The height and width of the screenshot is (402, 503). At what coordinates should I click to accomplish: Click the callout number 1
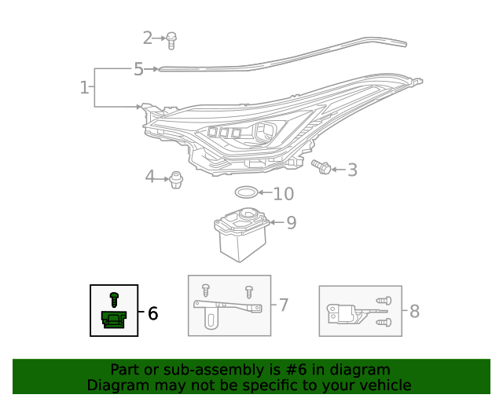(x=85, y=87)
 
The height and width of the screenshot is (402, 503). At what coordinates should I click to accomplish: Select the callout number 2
(x=148, y=37)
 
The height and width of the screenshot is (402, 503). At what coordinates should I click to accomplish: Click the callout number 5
(x=138, y=69)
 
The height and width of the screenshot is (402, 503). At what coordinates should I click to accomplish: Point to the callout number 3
(x=352, y=169)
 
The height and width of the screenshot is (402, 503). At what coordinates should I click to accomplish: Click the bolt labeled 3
(x=321, y=167)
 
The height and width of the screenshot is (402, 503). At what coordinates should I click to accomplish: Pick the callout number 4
(x=150, y=177)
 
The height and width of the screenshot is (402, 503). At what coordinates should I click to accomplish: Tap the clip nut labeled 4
(x=176, y=180)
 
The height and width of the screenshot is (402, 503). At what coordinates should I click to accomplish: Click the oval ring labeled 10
(x=246, y=192)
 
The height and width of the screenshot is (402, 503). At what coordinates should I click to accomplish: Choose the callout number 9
(x=291, y=223)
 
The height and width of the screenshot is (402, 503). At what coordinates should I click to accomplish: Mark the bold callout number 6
(x=152, y=313)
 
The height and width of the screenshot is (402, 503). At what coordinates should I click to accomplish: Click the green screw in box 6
(x=114, y=298)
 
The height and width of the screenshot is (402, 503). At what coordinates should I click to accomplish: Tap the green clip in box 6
(x=114, y=320)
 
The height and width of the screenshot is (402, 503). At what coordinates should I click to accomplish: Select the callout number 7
(x=284, y=305)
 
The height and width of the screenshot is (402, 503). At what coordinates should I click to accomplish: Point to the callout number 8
(x=414, y=312)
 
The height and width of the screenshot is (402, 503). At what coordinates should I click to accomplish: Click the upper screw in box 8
(x=384, y=301)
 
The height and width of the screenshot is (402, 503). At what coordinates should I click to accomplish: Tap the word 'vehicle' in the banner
(x=385, y=385)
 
